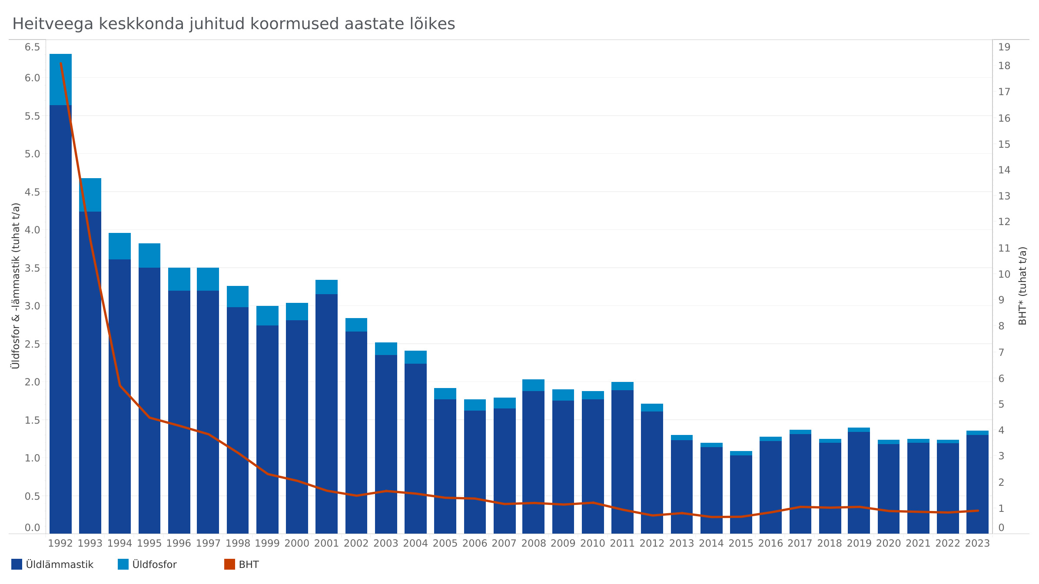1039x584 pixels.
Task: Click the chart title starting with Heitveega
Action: [x=233, y=24]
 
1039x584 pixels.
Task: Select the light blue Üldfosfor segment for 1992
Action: [x=60, y=80]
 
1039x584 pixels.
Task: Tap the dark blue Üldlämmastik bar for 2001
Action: [x=326, y=413]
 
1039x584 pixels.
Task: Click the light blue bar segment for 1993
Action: [x=90, y=195]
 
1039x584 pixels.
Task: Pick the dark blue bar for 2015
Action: [x=741, y=494]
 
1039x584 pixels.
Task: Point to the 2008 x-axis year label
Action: [x=533, y=544]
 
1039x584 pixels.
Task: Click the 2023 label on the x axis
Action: [x=977, y=544]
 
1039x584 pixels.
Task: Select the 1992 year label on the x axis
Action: [x=60, y=544]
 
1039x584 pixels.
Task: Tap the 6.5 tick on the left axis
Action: [x=32, y=47]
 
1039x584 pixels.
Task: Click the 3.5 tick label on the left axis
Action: [x=32, y=268]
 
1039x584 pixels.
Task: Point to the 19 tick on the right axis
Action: [x=1004, y=47]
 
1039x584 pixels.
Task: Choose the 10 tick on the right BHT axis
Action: [x=1004, y=274]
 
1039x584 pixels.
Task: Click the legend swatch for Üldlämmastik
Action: [x=17, y=564]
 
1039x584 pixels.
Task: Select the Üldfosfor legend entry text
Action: [x=154, y=564]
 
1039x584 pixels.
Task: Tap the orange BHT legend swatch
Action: [x=229, y=564]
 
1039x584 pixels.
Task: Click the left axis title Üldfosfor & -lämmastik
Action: [x=16, y=285]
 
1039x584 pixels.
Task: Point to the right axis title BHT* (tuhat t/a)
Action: [x=1022, y=285]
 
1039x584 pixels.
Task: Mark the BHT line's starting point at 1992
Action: [x=60, y=63]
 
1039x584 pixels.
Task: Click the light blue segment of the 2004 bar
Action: [x=415, y=357]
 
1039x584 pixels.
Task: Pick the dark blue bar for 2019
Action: [x=859, y=482]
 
